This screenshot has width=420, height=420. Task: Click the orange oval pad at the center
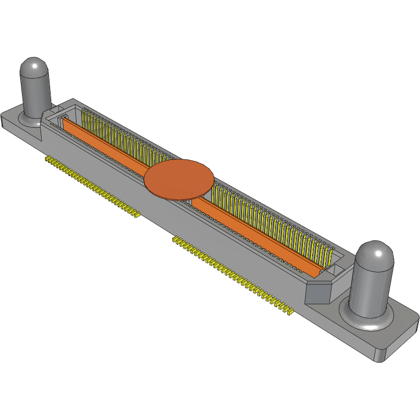tap(179, 179)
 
